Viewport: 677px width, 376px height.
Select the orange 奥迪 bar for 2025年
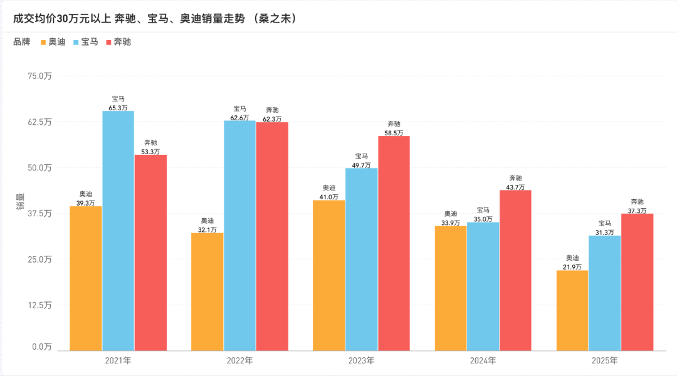pyautogui.click(x=572, y=310)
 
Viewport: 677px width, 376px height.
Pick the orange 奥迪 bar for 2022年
pyautogui.click(x=207, y=291)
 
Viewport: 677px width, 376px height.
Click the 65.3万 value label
pyautogui.click(x=118, y=108)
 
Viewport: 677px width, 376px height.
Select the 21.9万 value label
pyautogui.click(x=572, y=267)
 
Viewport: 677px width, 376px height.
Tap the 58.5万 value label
pyautogui.click(x=394, y=133)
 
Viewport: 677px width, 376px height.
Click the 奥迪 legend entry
pyautogui.click(x=53, y=42)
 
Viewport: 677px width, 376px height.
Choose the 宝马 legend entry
pyautogui.click(x=85, y=42)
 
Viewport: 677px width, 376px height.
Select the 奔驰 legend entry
pyautogui.click(x=118, y=42)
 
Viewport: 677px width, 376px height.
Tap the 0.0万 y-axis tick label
pyautogui.click(x=42, y=347)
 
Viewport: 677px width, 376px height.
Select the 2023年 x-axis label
pyautogui.click(x=361, y=361)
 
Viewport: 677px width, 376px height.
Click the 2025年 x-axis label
pyautogui.click(x=604, y=361)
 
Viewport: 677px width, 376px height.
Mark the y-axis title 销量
pyautogui.click(x=19, y=202)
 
